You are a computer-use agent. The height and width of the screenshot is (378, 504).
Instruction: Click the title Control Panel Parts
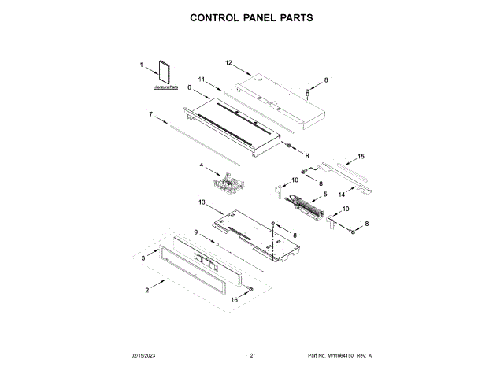(252, 18)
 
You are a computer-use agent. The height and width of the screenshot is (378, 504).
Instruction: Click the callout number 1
(142, 65)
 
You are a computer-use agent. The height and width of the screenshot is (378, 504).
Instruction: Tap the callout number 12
(229, 62)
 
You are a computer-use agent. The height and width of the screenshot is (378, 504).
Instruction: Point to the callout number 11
(202, 80)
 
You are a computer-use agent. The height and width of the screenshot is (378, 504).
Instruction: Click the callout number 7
(150, 114)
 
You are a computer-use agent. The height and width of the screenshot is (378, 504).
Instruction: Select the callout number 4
(202, 165)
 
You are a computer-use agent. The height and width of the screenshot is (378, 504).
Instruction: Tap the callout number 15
(361, 157)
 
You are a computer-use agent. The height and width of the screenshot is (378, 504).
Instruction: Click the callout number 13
(202, 203)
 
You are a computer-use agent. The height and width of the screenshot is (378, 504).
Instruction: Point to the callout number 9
(197, 231)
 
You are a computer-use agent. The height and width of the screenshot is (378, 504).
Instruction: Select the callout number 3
(143, 258)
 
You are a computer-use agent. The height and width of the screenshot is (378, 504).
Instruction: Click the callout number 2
(147, 291)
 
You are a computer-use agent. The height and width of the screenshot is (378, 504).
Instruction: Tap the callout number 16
(234, 300)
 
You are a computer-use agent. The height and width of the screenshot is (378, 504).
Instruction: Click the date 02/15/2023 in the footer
(144, 356)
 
